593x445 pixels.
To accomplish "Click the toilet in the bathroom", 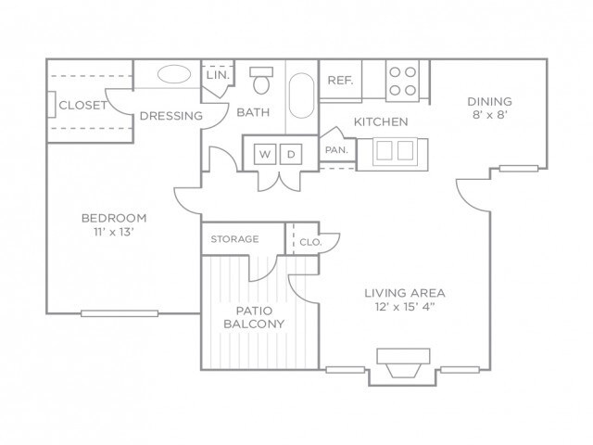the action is pos(261,81).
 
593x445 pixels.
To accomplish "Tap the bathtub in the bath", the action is pos(301,95).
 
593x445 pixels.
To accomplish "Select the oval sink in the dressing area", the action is pos(174,74).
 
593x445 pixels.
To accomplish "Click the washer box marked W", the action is pos(265,154).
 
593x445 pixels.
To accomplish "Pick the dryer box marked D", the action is pos(291,154).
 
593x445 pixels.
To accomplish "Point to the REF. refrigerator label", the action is pos(340,81).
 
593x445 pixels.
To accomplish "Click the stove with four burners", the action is pos(402,81).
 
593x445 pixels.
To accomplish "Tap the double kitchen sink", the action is pos(396,151).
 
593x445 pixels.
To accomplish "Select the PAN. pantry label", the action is pos(336,150).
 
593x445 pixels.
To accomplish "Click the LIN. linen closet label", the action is pos(219,75).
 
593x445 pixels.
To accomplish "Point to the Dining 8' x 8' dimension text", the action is pos(490,115).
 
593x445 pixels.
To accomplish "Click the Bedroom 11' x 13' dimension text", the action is pos(114,232).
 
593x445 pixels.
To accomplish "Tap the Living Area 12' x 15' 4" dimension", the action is pos(405,307).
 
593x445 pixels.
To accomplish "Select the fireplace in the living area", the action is pos(403,363).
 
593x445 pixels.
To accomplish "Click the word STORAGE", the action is pos(234,239).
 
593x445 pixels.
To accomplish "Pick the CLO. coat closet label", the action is pos(310,242).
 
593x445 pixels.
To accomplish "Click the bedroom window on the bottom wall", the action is pos(120,313).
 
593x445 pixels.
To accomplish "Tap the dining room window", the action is pos(519,169).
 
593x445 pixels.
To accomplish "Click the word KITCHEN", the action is pos(381,121).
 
